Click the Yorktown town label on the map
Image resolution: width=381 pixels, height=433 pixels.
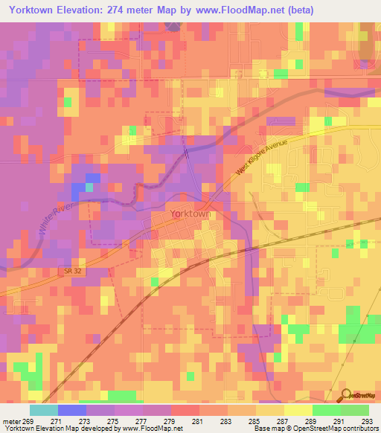[190, 214]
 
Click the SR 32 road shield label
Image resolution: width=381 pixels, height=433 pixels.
[68, 272]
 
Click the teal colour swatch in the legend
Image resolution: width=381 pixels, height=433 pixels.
[44, 410]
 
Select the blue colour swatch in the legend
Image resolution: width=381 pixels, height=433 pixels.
[72, 410]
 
